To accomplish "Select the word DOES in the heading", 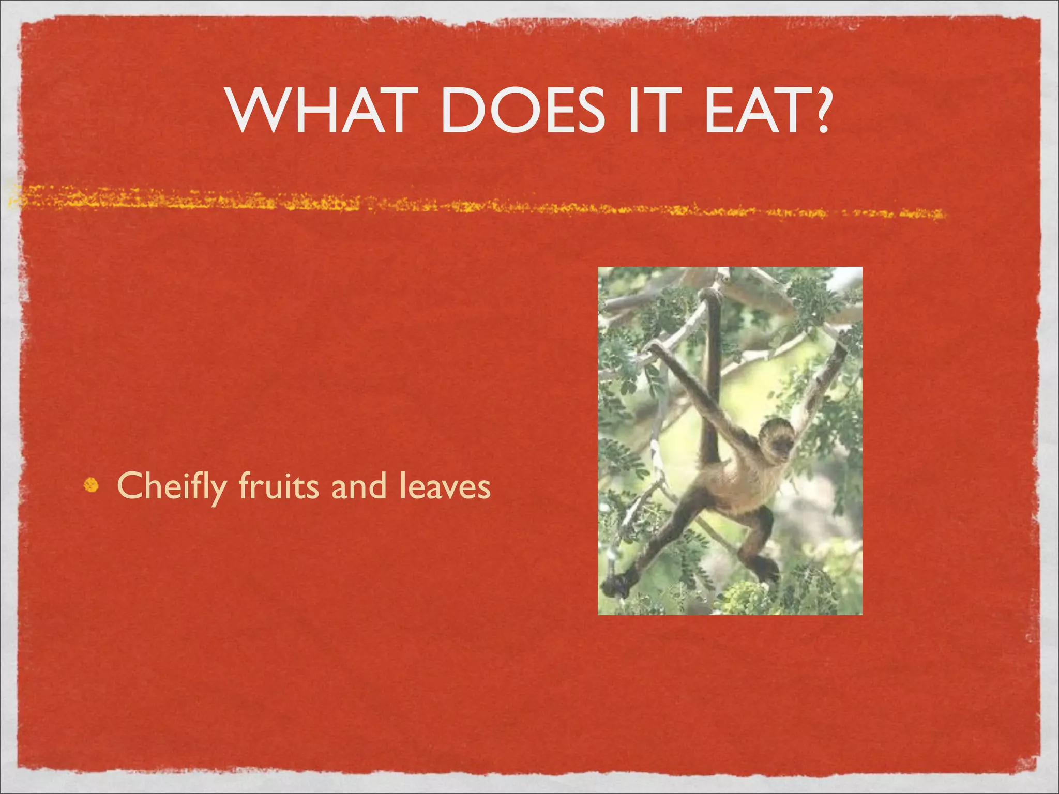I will click(522, 111).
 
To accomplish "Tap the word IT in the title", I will click(652, 111).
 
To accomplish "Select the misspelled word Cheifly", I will click(172, 487).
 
